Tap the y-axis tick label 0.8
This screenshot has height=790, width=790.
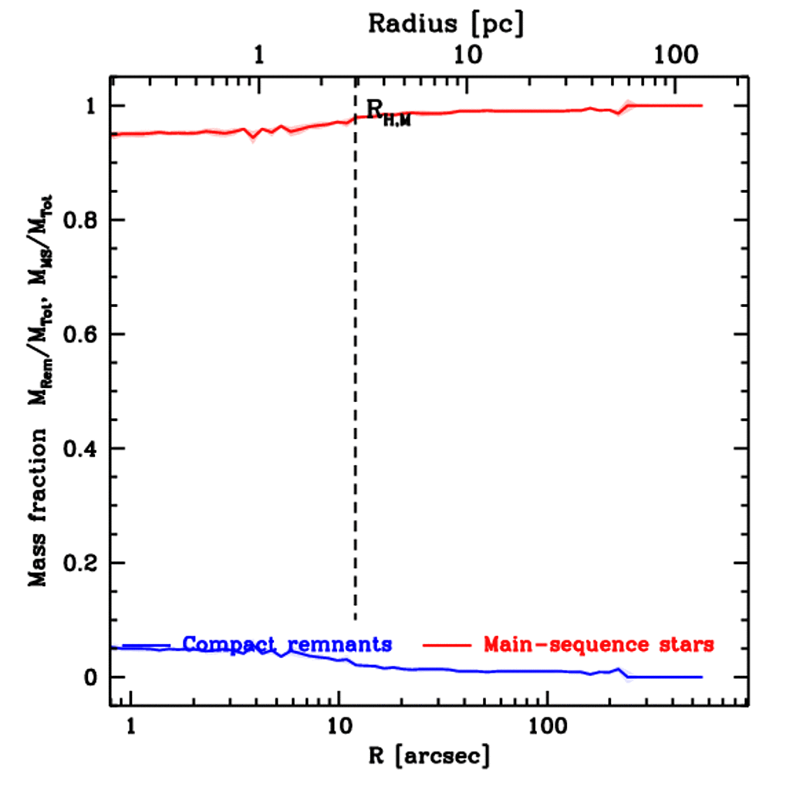[79, 221]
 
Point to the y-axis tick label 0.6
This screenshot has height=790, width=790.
[79, 335]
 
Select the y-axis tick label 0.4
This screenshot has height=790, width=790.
[79, 449]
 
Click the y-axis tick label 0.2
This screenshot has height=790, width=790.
[79, 563]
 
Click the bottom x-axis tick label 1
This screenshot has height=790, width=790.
[130, 727]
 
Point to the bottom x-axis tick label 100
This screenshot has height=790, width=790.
[547, 727]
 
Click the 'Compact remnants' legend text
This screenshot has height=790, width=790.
[288, 643]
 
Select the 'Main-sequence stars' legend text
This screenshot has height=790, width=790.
[599, 643]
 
